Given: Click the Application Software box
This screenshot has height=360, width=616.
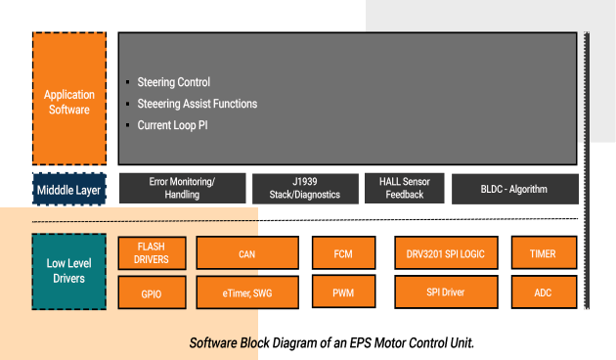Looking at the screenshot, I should [69, 102].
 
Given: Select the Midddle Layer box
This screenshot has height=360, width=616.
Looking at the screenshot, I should [69, 189].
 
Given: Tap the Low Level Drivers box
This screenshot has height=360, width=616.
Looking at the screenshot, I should [69, 271].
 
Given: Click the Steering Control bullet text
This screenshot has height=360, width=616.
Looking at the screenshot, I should [173, 82].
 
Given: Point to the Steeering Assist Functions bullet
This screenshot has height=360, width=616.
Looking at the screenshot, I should [196, 104].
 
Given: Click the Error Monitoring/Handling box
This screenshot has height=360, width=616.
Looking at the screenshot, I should [182, 188].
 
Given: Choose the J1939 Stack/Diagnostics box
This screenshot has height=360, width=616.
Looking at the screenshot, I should [304, 188].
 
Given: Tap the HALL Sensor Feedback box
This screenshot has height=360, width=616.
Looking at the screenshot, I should [404, 188].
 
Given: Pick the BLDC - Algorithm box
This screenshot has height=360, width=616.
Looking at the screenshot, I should [513, 189].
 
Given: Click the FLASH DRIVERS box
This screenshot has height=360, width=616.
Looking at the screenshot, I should [152, 253].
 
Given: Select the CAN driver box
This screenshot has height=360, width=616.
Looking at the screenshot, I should [246, 253].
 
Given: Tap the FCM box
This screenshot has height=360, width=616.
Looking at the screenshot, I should [342, 253].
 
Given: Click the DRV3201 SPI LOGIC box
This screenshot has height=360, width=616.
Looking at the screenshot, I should [444, 253].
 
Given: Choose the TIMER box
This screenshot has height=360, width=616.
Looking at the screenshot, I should [543, 253].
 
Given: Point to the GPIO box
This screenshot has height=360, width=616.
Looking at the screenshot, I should [152, 292].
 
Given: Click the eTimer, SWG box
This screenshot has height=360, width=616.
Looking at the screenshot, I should [246, 292].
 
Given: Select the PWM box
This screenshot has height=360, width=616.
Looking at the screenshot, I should [342, 292].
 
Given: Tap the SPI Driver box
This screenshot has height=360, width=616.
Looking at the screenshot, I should [444, 292].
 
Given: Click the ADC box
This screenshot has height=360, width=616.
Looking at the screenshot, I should [543, 292].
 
